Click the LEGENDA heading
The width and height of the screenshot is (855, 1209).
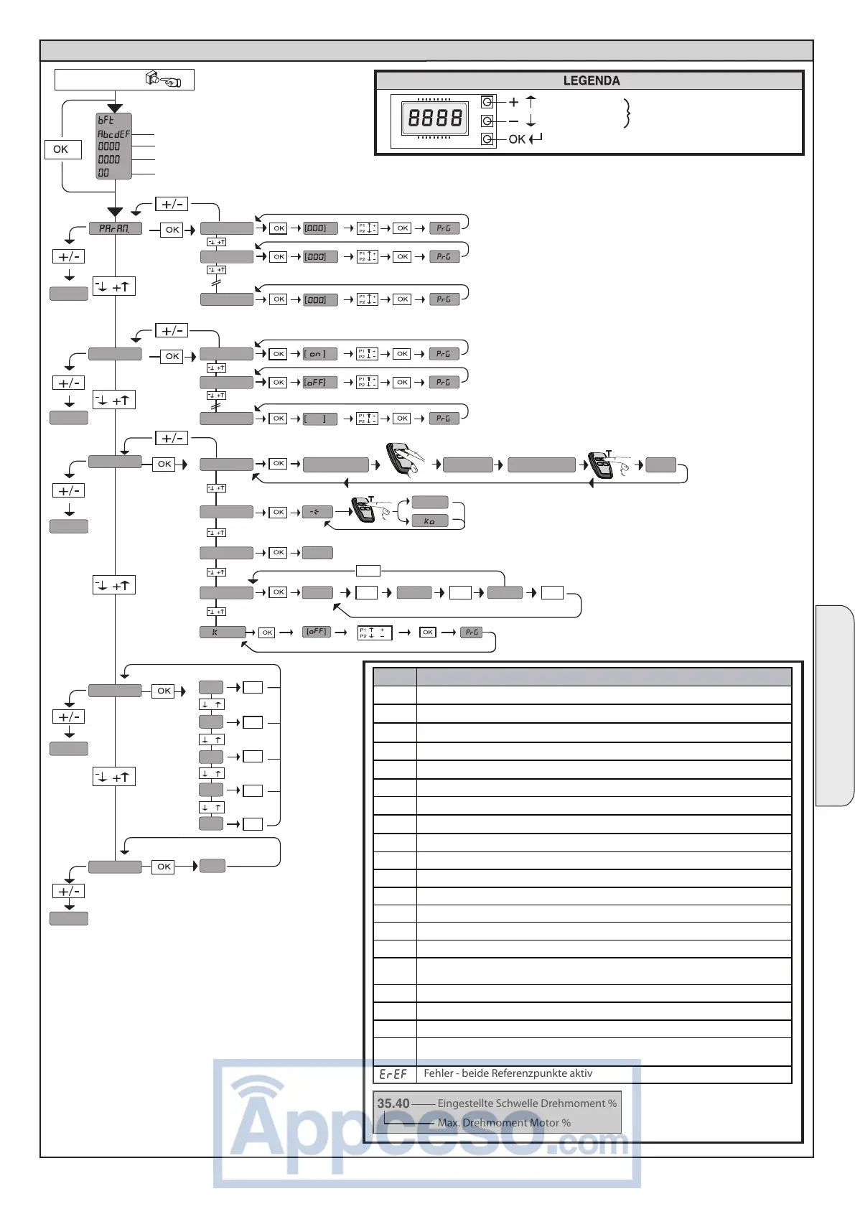[x=591, y=80]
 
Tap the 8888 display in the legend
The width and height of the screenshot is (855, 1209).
[x=435, y=118]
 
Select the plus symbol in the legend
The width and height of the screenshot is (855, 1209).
[x=513, y=102]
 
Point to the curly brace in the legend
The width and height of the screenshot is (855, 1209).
[x=627, y=113]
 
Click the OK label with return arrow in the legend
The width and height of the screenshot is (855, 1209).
[x=525, y=139]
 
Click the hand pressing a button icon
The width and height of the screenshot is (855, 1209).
[x=164, y=79]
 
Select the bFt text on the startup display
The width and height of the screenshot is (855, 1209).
[x=106, y=120]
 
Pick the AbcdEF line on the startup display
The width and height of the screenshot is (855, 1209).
[x=113, y=134]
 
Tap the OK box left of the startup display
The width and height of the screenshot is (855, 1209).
[x=61, y=149]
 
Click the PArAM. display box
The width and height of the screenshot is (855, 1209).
[x=115, y=228]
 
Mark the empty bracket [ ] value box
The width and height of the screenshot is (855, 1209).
[x=319, y=419]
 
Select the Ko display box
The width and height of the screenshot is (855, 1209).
[x=429, y=521]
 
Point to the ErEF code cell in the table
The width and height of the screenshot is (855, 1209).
[x=393, y=1074]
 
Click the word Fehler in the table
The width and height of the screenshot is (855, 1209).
[x=439, y=1073]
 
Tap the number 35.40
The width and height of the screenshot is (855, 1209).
[x=393, y=1103]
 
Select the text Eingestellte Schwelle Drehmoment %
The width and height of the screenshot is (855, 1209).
[x=527, y=1103]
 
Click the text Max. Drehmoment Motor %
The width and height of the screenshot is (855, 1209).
[x=504, y=1123]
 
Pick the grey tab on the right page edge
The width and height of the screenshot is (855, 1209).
[x=834, y=706]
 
